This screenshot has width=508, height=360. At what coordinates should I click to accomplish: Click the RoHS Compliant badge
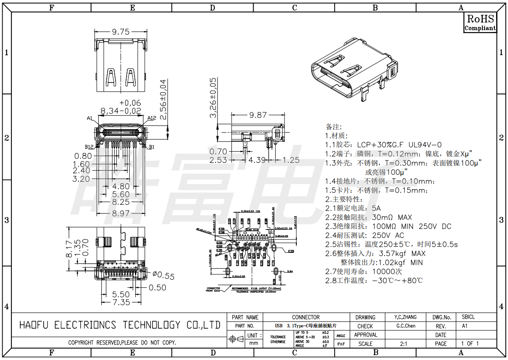pyautogui.click(x=480, y=22)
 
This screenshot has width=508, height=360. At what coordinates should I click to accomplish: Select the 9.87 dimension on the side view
pyautogui.click(x=258, y=115)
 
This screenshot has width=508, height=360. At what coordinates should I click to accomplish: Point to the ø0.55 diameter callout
pyautogui.click(x=164, y=276)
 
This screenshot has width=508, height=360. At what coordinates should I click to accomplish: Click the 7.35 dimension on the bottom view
pyautogui.click(x=121, y=302)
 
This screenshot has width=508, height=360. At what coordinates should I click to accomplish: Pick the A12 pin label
pyautogui.click(x=152, y=118)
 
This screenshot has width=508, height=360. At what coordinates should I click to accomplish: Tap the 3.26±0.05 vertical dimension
pyautogui.click(x=213, y=97)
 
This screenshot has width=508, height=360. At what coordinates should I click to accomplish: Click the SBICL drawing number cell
pyautogui.click(x=468, y=317)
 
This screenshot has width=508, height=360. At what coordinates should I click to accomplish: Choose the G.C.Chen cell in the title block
pyautogui.click(x=406, y=326)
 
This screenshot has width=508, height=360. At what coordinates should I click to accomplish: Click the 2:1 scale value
pyautogui.click(x=403, y=344)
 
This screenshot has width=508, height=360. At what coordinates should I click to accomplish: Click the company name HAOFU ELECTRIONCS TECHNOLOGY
pyautogui.click(x=120, y=325)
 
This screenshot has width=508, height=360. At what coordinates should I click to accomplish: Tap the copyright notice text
pyautogui.click(x=122, y=342)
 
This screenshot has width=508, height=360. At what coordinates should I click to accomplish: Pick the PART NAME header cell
pyautogui.click(x=245, y=317)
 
